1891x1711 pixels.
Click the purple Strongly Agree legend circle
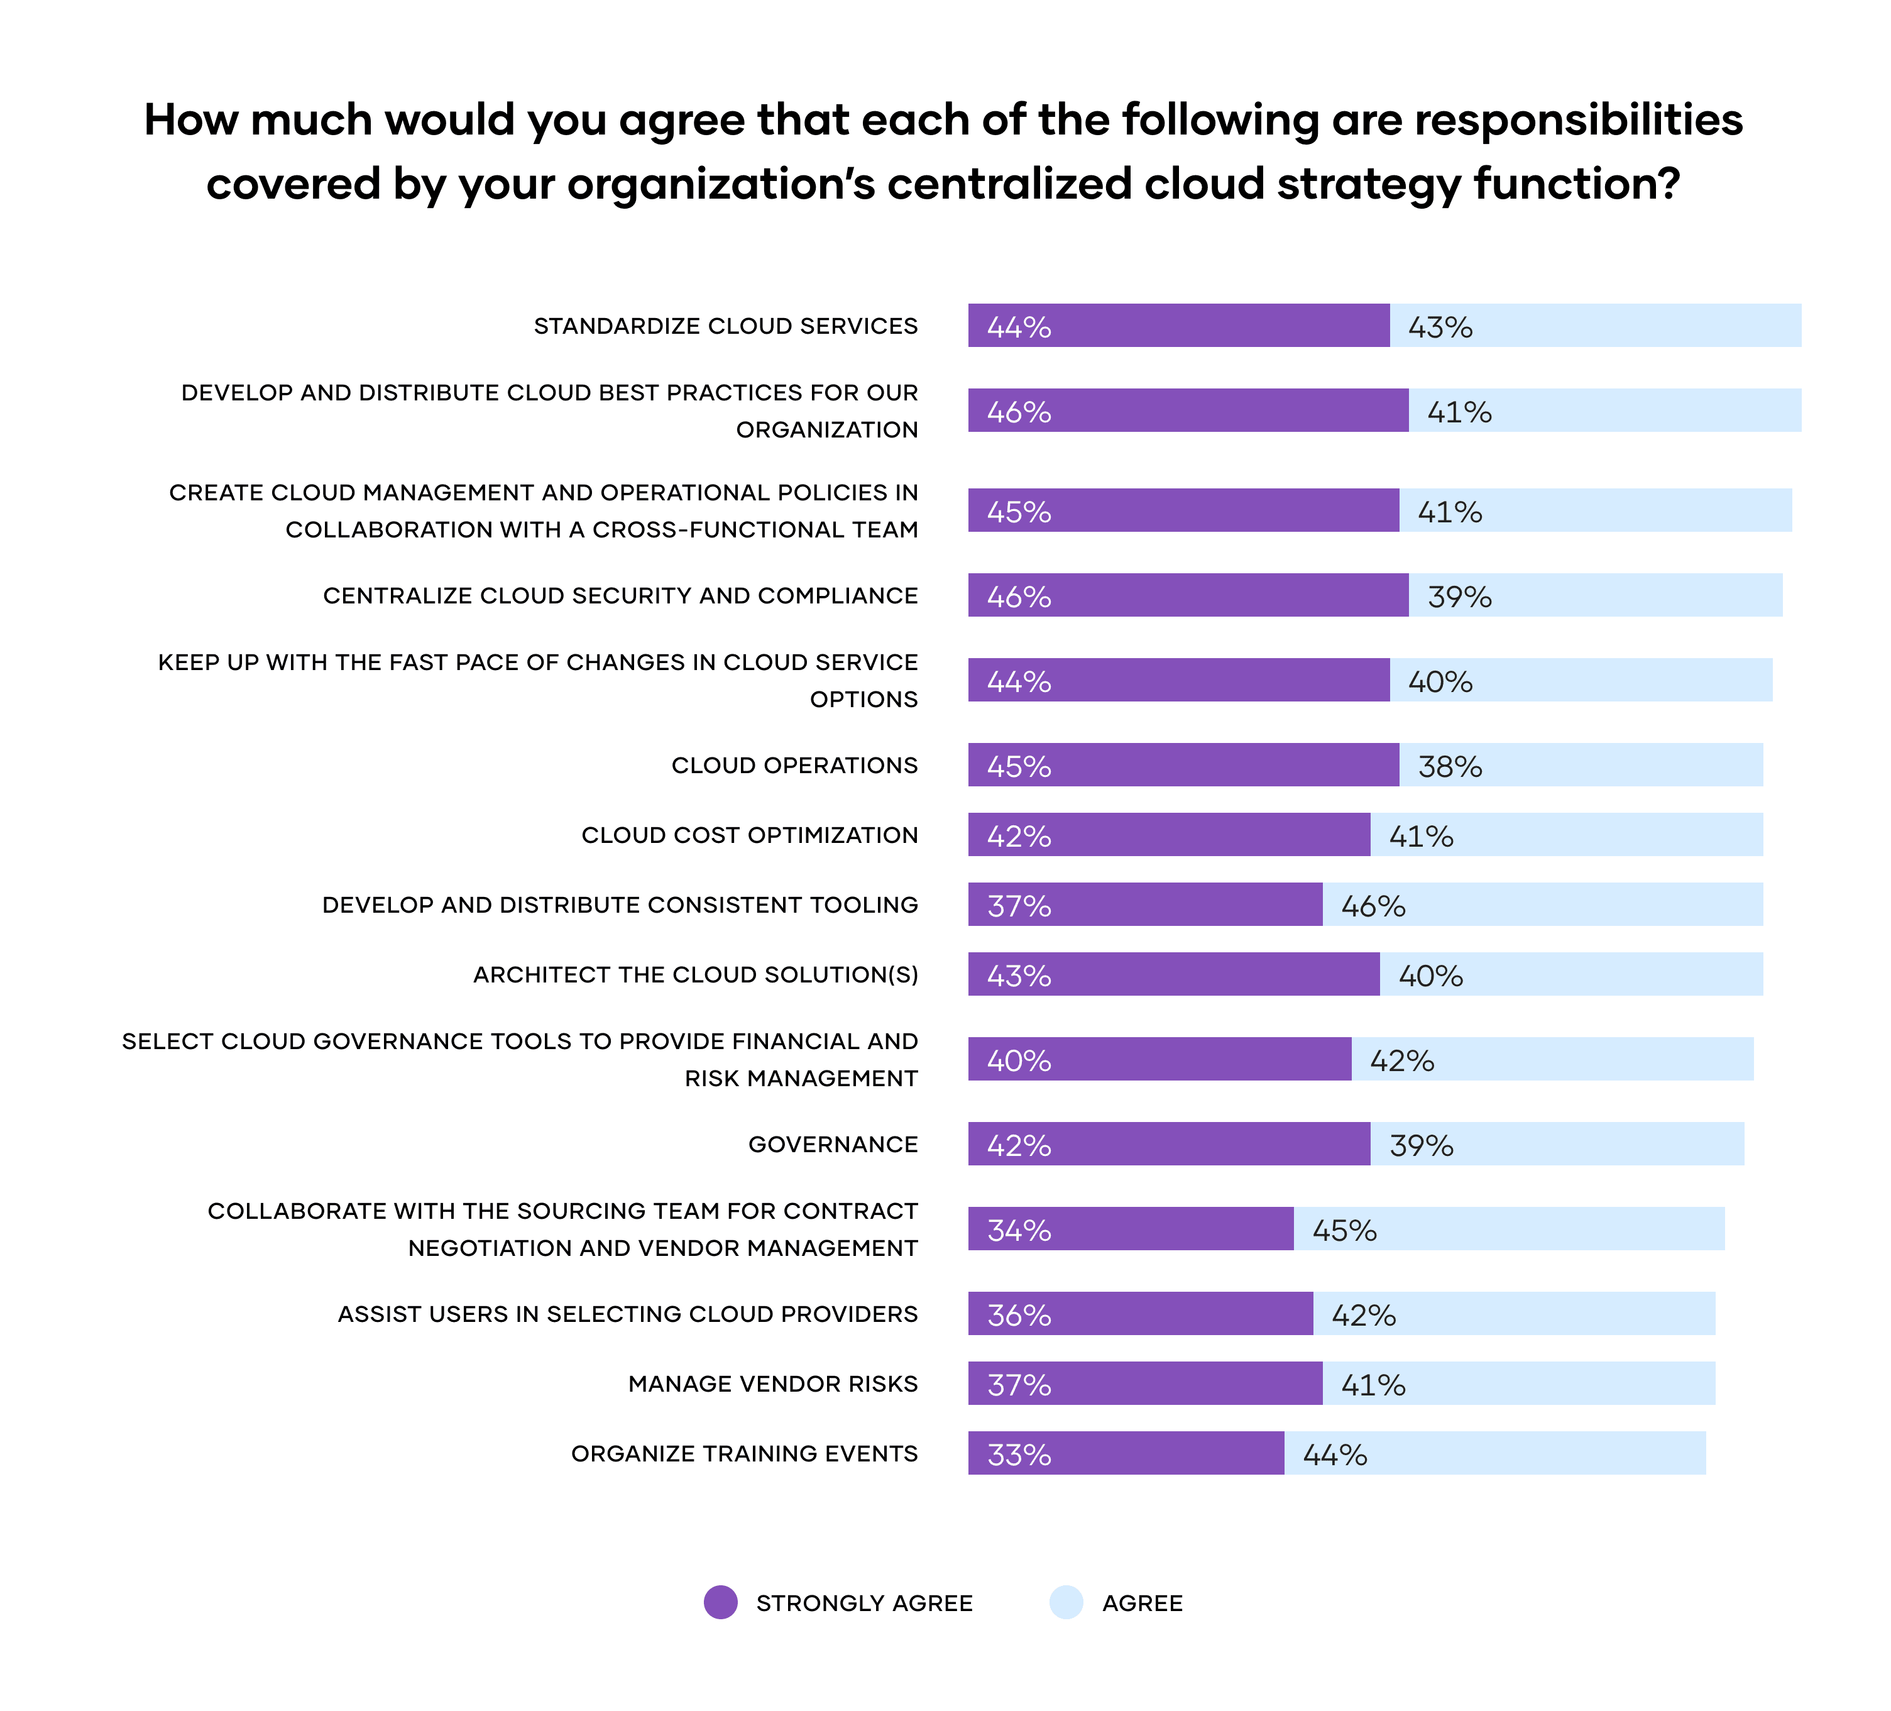coord(720,1602)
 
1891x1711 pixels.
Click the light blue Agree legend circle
coord(1066,1602)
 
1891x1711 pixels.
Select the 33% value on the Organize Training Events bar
coord(1019,1454)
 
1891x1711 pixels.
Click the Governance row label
coord(833,1145)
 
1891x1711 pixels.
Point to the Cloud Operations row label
coord(794,766)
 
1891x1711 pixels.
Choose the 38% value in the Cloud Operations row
coord(1450,766)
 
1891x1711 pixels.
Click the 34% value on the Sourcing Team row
coord(1019,1230)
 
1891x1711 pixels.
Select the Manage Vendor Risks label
coord(773,1384)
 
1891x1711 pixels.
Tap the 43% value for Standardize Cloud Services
coord(1440,326)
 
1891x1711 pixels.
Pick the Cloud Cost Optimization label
coord(750,835)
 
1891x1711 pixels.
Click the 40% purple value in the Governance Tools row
coord(1019,1060)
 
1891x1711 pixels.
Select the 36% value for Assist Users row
coord(1019,1315)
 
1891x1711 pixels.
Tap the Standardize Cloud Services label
coord(726,326)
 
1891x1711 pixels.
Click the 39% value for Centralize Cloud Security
coord(1459,597)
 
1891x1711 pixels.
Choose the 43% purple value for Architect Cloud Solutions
coord(1019,976)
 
